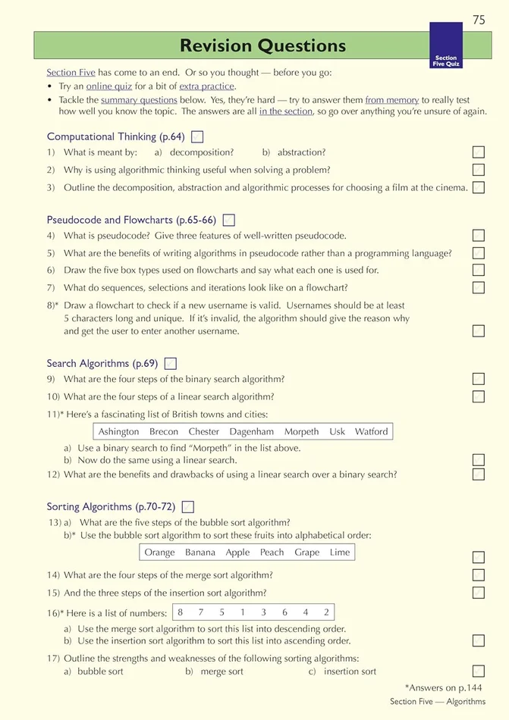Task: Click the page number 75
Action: coord(478,20)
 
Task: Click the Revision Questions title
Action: coord(262,46)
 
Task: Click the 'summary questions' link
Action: coord(139,100)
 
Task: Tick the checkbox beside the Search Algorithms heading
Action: coord(171,364)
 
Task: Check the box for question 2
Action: coord(478,171)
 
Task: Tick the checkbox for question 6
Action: coord(478,270)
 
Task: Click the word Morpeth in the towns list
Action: coord(301,432)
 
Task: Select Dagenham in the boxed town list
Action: coord(251,432)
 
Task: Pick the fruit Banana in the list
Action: coord(200,553)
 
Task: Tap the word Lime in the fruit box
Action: coord(340,553)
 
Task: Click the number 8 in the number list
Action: coord(180,612)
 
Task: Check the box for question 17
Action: coord(478,671)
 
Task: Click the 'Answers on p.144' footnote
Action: coord(445,687)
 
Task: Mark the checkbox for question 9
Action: coord(478,379)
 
